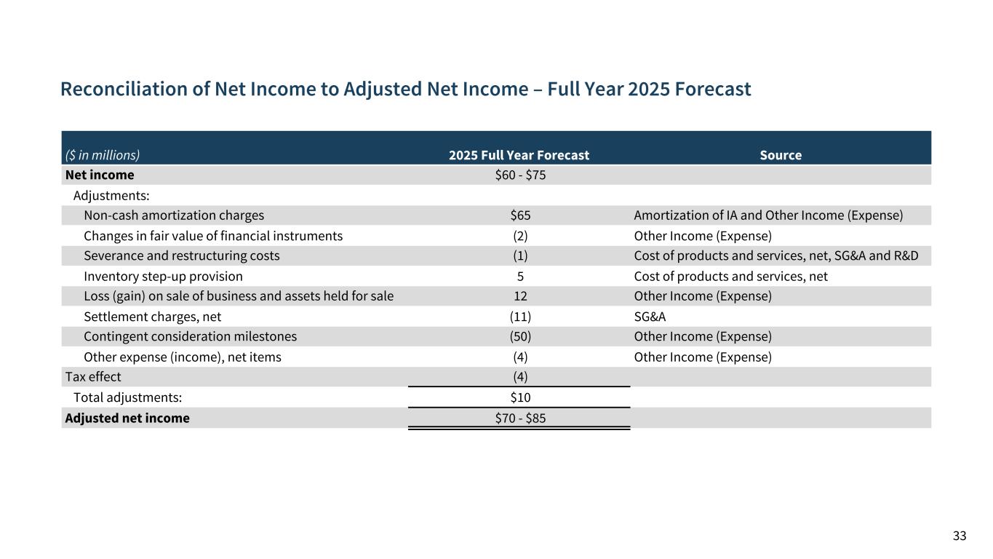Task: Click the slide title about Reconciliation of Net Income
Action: click(405, 90)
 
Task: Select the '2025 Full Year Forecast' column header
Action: click(519, 155)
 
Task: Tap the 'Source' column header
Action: click(781, 155)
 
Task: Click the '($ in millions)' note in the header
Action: click(103, 155)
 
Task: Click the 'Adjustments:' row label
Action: click(111, 195)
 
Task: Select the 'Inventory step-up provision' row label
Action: click(163, 277)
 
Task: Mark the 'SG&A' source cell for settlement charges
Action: click(650, 317)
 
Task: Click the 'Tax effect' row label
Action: click(93, 377)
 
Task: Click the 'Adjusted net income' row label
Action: click(127, 419)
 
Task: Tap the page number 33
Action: click(960, 536)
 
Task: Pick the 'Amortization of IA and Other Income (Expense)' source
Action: click(768, 215)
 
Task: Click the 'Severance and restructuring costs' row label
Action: click(181, 256)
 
